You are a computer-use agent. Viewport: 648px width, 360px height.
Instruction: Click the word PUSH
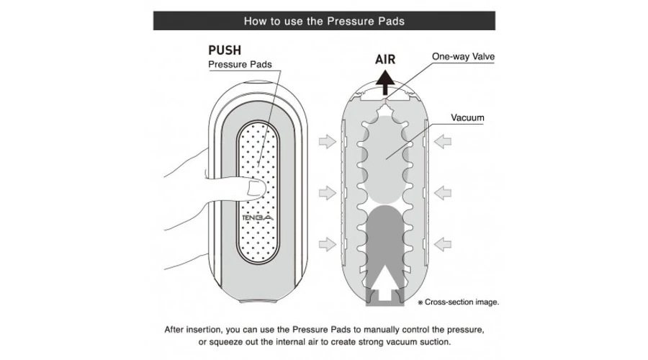coord(225,50)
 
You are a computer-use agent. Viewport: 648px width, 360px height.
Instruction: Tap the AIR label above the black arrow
coord(385,60)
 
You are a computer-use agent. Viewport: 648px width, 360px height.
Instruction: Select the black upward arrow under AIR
coord(385,83)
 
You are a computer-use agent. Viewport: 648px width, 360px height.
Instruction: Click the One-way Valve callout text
coord(463,57)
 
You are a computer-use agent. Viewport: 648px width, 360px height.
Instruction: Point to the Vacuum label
coord(467,118)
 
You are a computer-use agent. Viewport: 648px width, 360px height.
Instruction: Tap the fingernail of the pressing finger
coord(255,189)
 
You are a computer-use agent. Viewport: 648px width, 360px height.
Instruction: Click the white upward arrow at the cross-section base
coord(384,283)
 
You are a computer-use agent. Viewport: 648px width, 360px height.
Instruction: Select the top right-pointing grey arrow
coord(328,142)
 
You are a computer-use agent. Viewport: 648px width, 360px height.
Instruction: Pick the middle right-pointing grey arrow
coord(328,193)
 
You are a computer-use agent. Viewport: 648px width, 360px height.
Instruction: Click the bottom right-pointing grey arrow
coord(328,244)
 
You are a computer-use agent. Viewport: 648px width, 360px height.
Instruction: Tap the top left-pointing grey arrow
coord(442,142)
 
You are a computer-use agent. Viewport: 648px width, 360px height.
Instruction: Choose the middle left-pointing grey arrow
coord(442,193)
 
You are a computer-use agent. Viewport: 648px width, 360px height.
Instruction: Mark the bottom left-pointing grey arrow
coord(442,244)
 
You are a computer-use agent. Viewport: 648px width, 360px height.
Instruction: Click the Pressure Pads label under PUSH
coord(240,65)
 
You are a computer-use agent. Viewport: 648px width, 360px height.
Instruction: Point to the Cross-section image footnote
coord(459,302)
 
